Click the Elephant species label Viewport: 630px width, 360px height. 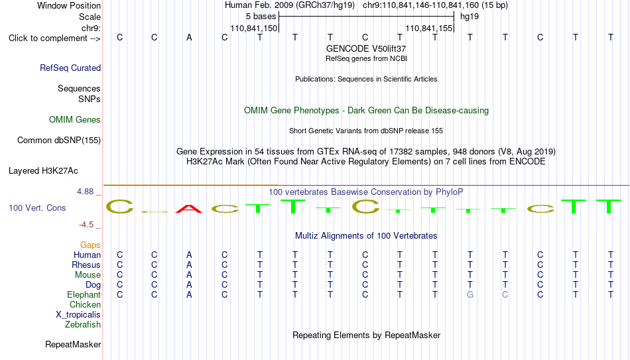tap(84, 295)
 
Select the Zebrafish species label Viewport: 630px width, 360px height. tap(83, 325)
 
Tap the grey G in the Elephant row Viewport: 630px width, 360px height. tap(470, 295)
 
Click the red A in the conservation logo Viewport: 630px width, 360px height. tap(189, 209)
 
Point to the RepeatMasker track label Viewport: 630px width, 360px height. tap(73, 345)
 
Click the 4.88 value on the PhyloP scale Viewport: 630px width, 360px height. tap(85, 192)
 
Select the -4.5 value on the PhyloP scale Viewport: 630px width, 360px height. tap(86, 225)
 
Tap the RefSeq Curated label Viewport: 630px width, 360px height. tap(70, 68)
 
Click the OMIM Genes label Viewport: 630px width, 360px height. tap(74, 120)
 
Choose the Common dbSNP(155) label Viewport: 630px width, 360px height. tap(58, 141)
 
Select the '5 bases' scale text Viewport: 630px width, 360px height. tap(261, 17)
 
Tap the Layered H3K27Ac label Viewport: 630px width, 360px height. tap(43, 171)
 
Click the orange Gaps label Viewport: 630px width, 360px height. tap(90, 245)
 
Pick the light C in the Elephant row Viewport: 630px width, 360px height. tap(505, 295)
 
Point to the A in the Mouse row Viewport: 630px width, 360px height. tap(189, 275)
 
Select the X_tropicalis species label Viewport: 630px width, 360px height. tap(78, 315)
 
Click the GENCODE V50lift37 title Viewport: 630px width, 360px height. tap(366, 48)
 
